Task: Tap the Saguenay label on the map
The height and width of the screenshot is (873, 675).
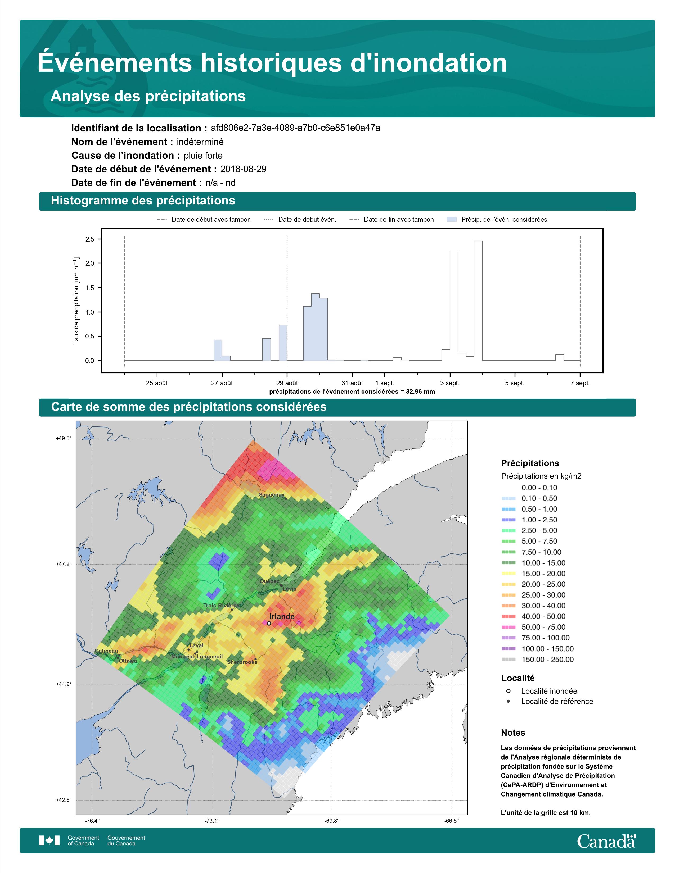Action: click(272, 494)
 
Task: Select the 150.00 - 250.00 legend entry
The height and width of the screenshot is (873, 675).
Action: click(537, 660)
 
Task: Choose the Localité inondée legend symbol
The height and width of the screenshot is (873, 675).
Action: click(508, 691)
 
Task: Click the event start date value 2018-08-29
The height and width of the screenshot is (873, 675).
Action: click(243, 169)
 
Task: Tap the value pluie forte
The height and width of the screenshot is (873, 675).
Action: click(203, 156)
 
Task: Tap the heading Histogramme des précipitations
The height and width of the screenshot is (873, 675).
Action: click(143, 201)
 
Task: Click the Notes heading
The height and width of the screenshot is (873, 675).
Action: click(513, 733)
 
